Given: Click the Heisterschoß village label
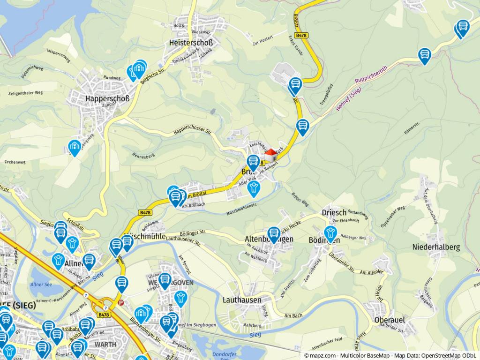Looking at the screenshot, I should coord(190,43).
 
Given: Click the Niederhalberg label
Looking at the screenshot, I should coord(436,247).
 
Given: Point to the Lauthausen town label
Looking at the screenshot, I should coord(242,299).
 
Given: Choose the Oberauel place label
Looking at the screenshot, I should coord(390,320).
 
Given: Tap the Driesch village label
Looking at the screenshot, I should coord(334,212).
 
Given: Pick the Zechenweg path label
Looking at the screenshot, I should coord(15,161).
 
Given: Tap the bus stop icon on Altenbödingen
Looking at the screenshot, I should coord(274,234).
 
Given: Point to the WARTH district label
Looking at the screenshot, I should coord(105,344).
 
